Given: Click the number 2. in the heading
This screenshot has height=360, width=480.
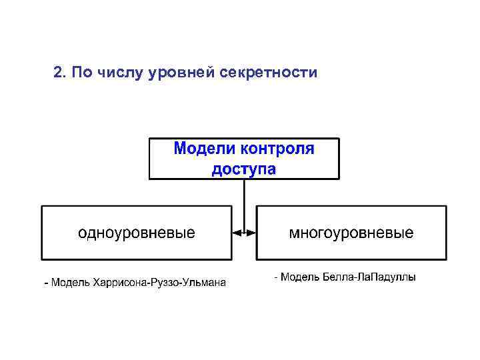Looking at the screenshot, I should [58, 72].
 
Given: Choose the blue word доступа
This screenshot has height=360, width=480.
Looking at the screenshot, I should [243, 169].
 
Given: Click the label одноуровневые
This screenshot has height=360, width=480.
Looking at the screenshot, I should [137, 233].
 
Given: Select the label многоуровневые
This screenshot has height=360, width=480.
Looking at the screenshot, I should [351, 233].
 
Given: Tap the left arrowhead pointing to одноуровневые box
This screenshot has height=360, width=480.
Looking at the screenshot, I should [235, 233].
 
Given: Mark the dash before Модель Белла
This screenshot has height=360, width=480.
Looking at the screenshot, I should [277, 277].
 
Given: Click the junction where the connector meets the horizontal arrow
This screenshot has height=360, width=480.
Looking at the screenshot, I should [244, 233].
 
